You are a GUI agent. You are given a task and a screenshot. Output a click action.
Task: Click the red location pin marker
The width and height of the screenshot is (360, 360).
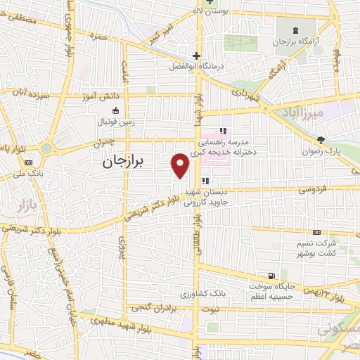pyautogui.click(x=180, y=165)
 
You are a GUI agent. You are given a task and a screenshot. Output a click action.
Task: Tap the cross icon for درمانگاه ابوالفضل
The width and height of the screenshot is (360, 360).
pyautogui.click(x=197, y=56)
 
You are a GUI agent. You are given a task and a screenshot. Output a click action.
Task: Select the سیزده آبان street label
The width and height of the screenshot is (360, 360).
pyautogui.click(x=25, y=92)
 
